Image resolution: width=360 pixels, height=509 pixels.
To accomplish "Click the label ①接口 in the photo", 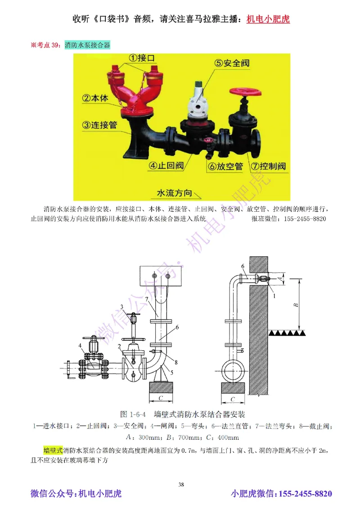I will [139, 58].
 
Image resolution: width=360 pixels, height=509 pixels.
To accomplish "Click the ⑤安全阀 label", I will [232, 63].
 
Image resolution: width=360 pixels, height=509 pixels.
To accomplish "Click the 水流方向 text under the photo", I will [174, 193].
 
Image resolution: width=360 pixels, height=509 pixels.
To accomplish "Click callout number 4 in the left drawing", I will [80, 346].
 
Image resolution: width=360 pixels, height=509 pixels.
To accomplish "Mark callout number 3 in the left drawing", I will [121, 307].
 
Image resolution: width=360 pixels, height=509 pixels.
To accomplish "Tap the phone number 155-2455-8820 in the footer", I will [306, 494].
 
